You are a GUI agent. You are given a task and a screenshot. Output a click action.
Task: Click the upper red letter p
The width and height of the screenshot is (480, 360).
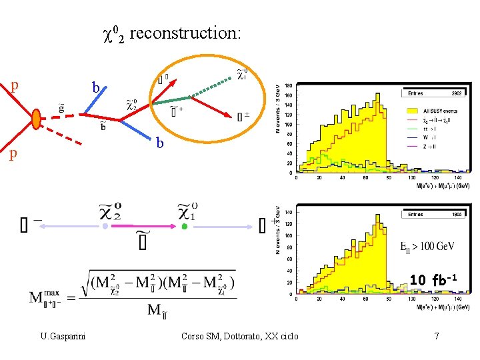click(x=15, y=86)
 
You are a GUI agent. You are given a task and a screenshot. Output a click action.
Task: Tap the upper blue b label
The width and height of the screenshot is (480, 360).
click(x=96, y=88)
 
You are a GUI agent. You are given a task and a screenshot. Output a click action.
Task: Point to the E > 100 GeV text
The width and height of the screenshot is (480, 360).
click(x=427, y=247)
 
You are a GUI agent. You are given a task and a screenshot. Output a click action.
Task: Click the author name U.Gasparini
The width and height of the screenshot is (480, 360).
click(x=62, y=336)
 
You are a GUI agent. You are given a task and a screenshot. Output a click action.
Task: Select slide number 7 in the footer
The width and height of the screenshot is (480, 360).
click(x=436, y=336)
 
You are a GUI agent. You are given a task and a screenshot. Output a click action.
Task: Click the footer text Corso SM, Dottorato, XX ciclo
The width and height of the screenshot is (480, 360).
click(x=240, y=336)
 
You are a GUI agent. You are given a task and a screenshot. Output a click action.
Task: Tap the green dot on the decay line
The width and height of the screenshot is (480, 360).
click(x=185, y=227)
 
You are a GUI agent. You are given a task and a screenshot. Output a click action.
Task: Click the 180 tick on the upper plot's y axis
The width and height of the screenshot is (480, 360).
click(x=288, y=85)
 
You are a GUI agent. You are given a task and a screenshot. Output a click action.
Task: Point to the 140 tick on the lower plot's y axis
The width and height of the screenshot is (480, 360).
click(x=288, y=213)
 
